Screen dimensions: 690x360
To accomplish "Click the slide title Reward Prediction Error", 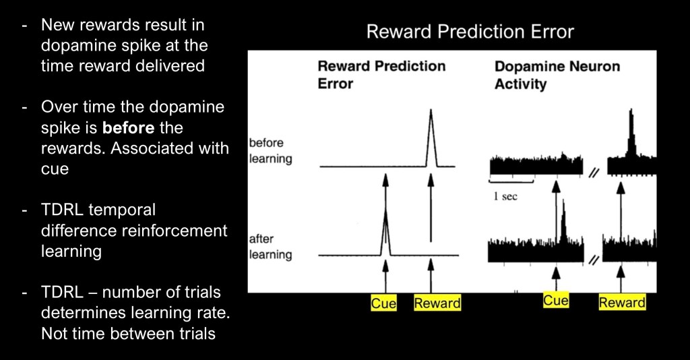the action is point(470,32).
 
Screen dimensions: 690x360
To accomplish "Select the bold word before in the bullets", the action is point(128,127).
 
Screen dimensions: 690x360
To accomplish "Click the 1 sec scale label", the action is point(505,196).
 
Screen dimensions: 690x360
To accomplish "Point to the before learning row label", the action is point(270,150).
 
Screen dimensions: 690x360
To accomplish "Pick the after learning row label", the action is point(270,247).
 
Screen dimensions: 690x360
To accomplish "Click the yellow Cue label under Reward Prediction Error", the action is point(383,303).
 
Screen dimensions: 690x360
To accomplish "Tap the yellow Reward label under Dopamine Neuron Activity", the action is point(622,302).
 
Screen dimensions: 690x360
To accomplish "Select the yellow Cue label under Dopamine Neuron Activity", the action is point(555,301).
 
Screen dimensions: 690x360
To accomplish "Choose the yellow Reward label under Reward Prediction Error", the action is point(437,303).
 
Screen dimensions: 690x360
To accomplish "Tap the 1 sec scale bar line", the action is point(511,181).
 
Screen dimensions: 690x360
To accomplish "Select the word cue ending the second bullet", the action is point(55,169).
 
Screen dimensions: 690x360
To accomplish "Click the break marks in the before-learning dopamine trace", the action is point(594,173).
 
